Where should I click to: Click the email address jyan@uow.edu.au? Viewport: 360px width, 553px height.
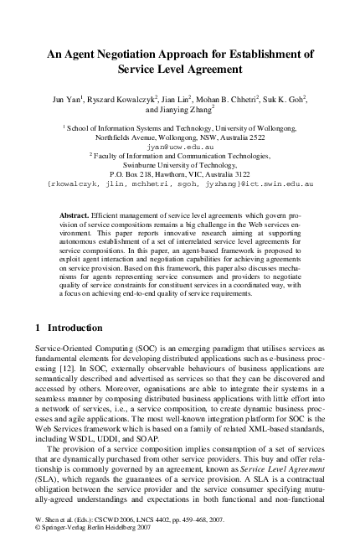180,146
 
